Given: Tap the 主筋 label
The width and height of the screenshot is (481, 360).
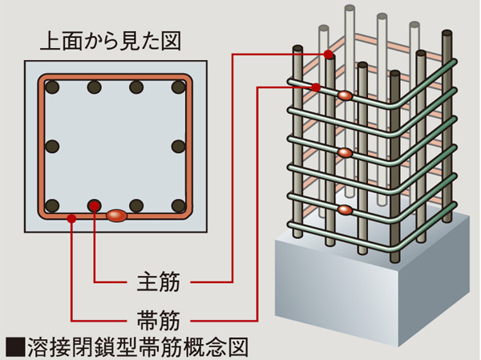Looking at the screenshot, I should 158,282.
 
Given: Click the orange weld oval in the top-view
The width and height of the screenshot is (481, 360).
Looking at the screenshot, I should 116,216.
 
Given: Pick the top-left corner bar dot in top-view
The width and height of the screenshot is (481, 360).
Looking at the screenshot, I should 53,87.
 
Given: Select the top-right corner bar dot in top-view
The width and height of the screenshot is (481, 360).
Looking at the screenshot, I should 177,87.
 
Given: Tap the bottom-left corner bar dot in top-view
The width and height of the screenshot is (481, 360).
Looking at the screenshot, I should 53,205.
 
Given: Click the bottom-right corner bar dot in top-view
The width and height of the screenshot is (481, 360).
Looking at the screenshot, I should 177,205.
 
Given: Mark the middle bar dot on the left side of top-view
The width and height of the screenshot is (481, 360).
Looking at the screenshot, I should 53,146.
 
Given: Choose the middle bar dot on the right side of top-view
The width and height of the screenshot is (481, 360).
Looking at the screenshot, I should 177,146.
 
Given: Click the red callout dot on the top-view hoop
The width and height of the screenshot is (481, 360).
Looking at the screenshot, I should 72,216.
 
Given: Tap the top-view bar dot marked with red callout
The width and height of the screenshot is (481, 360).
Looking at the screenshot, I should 95,205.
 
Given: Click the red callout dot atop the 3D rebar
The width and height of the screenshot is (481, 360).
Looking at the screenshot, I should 329,55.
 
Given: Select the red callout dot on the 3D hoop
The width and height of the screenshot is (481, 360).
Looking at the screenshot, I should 316,87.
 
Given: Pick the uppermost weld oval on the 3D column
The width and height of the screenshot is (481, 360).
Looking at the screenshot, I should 345,96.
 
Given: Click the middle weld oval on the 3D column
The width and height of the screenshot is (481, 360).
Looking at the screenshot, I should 344,152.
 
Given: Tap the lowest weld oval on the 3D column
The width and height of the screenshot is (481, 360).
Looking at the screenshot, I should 344,210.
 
